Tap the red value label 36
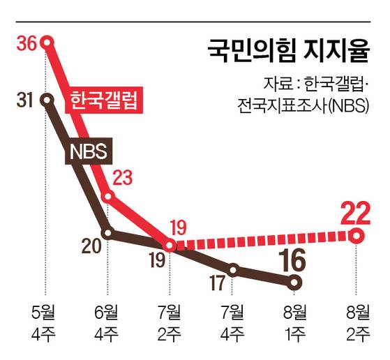pos(27,43)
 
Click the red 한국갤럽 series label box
pos(99,102)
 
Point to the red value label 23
pos(122,179)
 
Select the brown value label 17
pos(218,283)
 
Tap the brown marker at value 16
pos(295,283)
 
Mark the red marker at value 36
pos(47,43)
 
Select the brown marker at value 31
pos(47,100)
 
